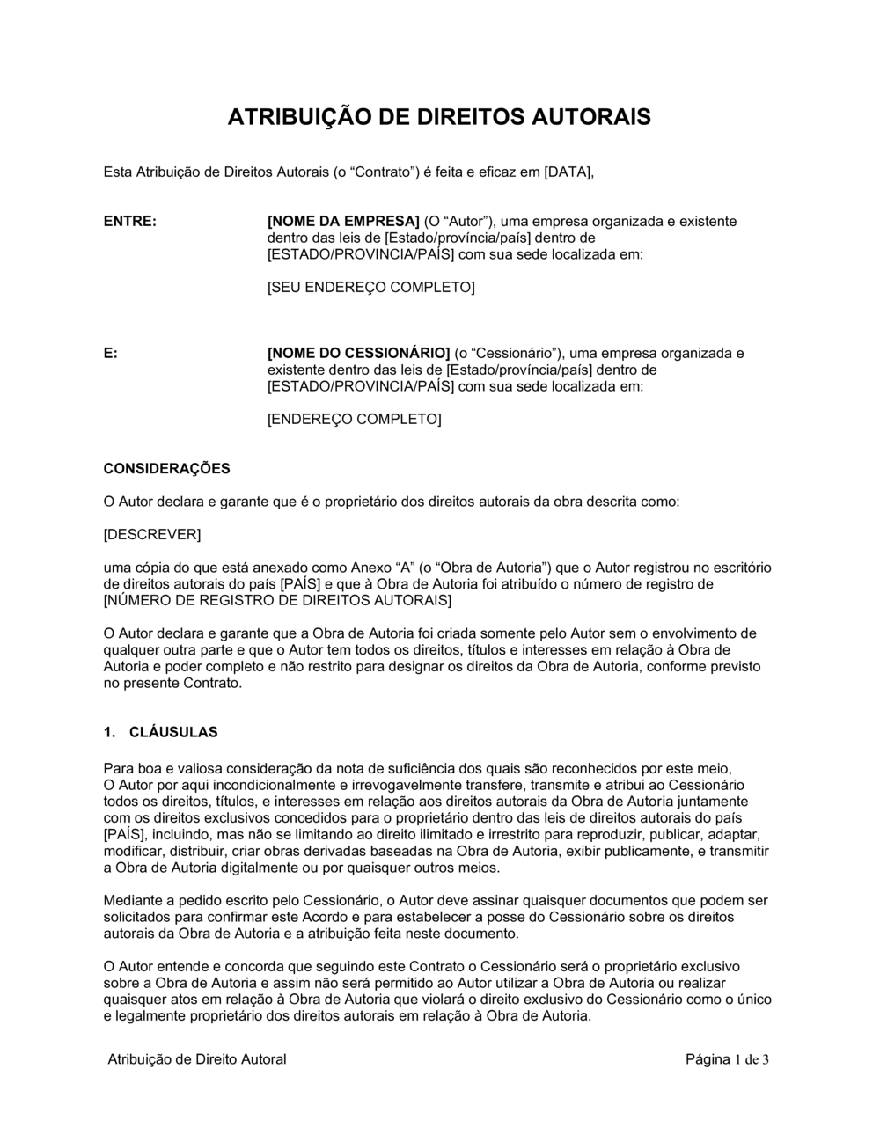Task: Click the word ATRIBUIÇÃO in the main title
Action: click(296, 117)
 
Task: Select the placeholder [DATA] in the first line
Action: click(569, 172)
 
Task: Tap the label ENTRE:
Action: click(130, 221)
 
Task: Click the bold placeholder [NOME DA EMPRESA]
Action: click(343, 221)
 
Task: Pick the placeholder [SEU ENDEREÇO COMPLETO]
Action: click(370, 288)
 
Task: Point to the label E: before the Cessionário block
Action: click(111, 353)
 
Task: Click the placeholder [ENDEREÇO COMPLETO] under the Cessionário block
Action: click(354, 420)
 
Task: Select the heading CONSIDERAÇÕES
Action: click(167, 469)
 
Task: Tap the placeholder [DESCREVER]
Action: click(152, 535)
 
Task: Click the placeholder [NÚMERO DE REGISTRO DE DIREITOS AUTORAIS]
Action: click(277, 601)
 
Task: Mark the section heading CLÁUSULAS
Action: click(173, 732)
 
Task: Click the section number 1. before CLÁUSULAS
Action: click(110, 732)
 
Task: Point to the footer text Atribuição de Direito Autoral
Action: click(197, 1059)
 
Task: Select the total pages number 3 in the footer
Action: click(766, 1059)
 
